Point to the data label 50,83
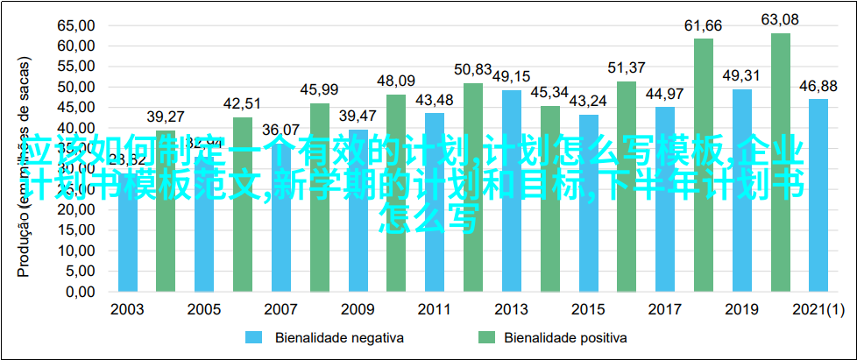click(473, 68)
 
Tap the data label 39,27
click(166, 116)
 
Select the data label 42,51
click(243, 102)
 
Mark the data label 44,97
click(665, 93)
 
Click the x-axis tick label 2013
click(512, 310)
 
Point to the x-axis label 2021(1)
click(818, 310)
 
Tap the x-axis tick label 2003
click(128, 310)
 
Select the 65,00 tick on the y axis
click(76, 25)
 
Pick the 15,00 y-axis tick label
click(76, 229)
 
